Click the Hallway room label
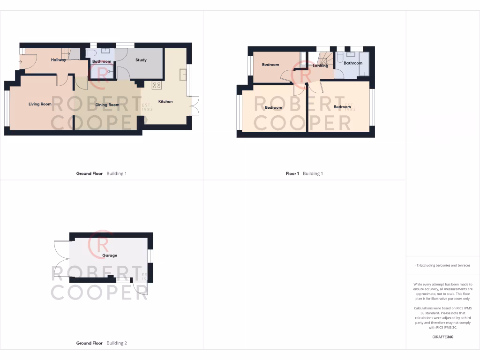(59, 60)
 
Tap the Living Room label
(40, 104)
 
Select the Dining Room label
(107, 105)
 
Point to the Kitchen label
(165, 101)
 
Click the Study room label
(141, 60)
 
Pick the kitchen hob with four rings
(157, 85)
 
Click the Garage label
(110, 255)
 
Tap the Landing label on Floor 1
(321, 66)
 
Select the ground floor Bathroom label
(102, 61)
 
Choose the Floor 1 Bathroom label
(353, 63)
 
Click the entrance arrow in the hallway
(21, 61)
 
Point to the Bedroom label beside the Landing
(270, 65)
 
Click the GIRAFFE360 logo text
(443, 337)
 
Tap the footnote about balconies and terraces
(442, 265)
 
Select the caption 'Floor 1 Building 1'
(304, 173)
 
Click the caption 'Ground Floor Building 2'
(101, 343)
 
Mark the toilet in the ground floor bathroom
(90, 53)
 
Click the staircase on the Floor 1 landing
(323, 58)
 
